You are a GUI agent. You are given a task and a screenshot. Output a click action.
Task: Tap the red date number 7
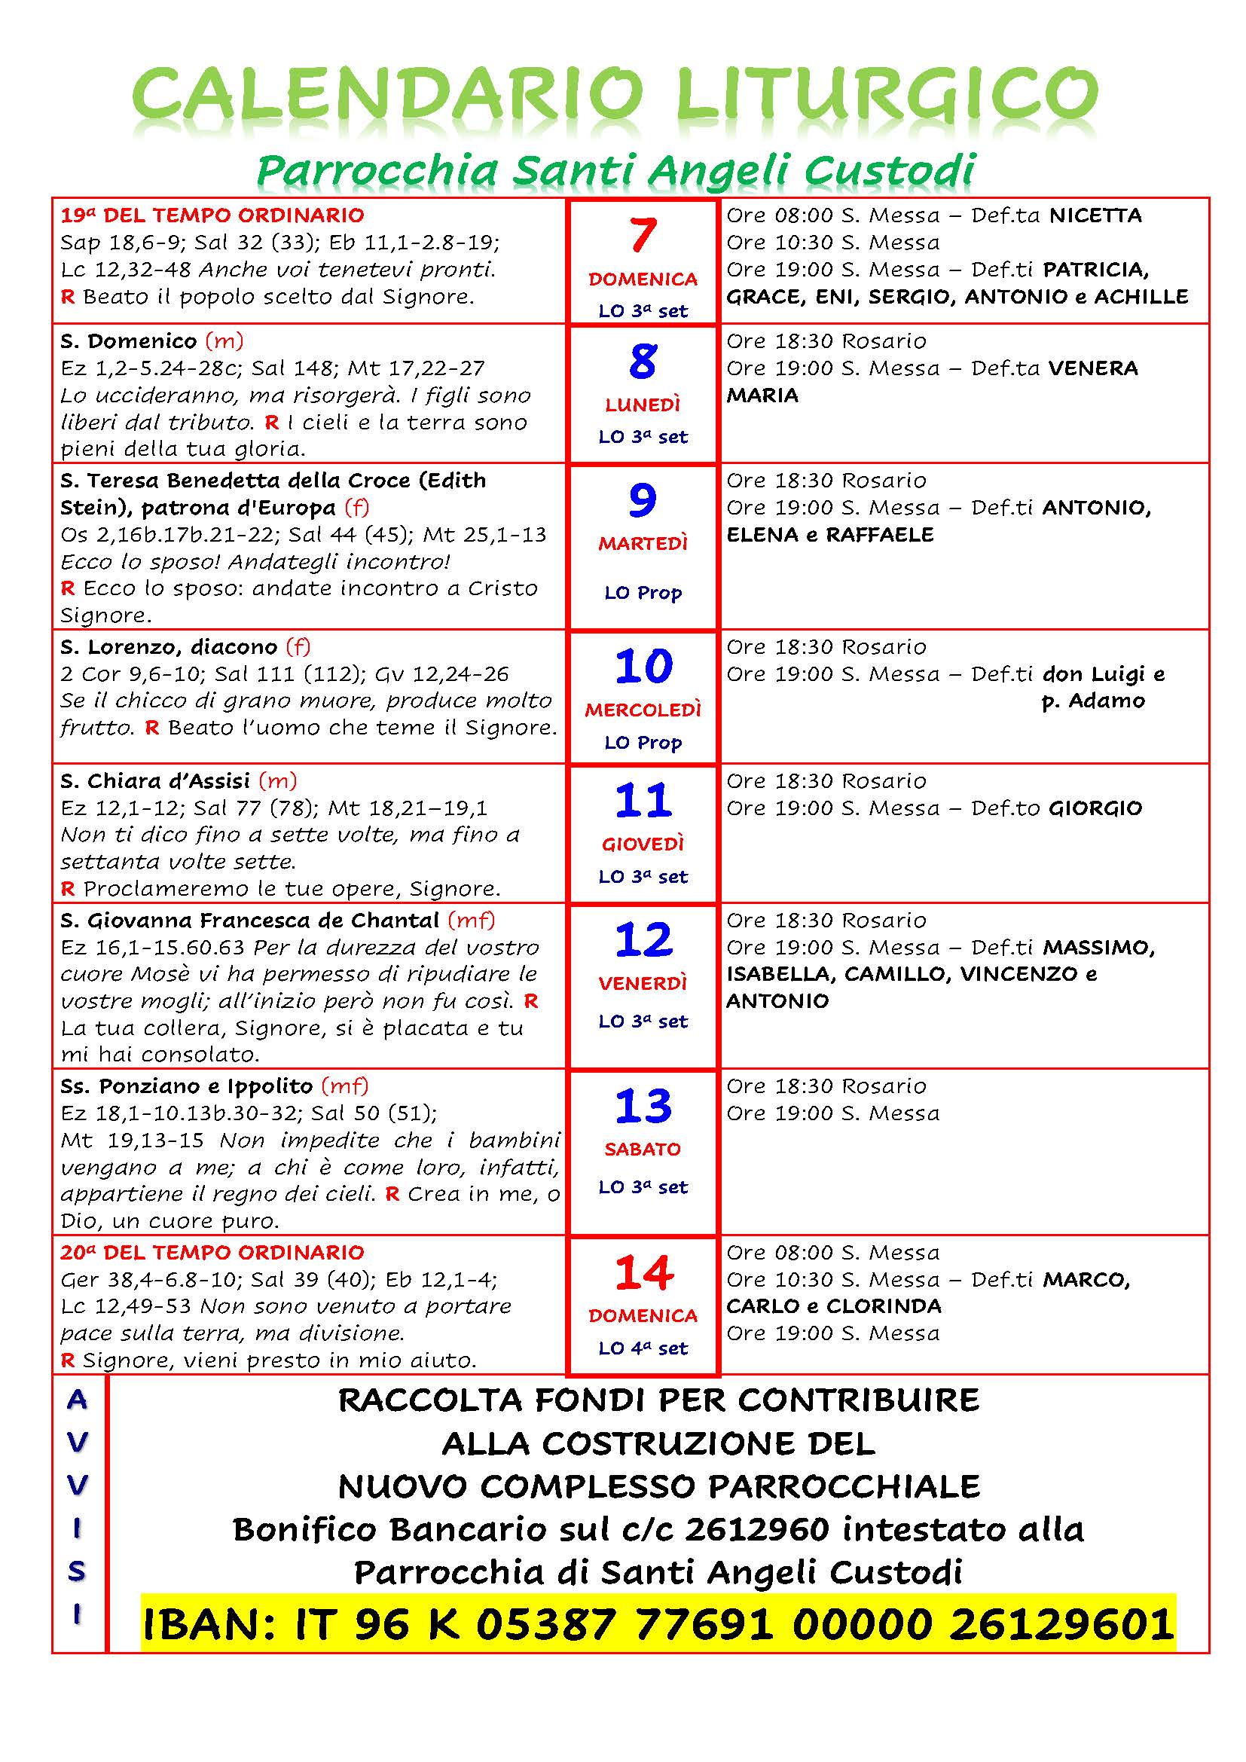pos(643,236)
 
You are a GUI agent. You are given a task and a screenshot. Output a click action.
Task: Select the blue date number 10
pos(643,666)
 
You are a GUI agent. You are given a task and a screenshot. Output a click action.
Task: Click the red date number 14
pos(643,1273)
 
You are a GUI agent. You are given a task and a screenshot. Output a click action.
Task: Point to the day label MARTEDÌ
pos(643,544)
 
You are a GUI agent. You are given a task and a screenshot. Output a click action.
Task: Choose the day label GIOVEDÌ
pos(643,844)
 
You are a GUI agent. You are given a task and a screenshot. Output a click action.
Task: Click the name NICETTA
pos(1095,215)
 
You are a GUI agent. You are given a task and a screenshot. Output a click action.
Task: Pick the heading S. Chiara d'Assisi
pos(155,781)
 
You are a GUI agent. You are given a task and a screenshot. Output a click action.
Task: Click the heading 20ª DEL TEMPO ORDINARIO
pos(212,1253)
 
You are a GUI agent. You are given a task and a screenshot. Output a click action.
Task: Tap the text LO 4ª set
pos(643,1348)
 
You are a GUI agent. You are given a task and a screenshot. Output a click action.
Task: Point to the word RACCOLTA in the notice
pos(429,1400)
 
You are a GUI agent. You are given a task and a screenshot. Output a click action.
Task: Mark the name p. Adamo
pos(1092,701)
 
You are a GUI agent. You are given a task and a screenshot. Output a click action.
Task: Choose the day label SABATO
pos(643,1149)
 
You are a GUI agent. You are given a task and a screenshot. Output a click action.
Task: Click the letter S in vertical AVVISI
pos(77,1572)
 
